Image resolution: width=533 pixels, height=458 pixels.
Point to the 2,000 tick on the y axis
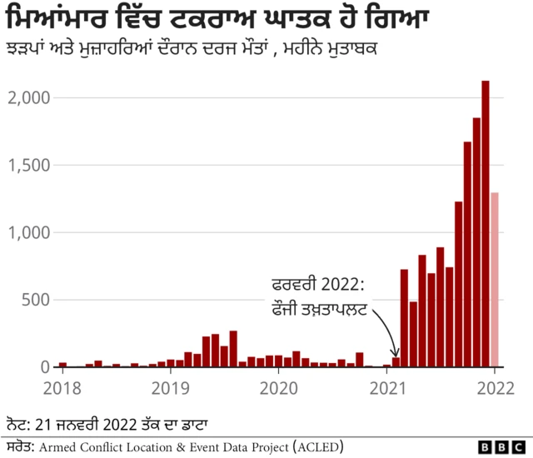(30, 98)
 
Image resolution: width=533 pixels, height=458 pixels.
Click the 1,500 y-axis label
(30, 166)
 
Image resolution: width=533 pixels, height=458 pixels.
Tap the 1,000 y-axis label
(30, 233)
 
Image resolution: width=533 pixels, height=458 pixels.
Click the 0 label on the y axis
(46, 367)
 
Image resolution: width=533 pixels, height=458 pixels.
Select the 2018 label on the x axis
(63, 387)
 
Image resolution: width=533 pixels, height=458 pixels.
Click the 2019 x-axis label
(171, 387)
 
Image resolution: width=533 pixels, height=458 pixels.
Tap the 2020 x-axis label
(279, 387)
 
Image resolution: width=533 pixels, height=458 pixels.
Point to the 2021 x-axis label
(387, 387)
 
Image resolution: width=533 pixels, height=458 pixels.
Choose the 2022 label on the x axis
(495, 387)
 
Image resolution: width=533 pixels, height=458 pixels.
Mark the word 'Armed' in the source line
(61, 446)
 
